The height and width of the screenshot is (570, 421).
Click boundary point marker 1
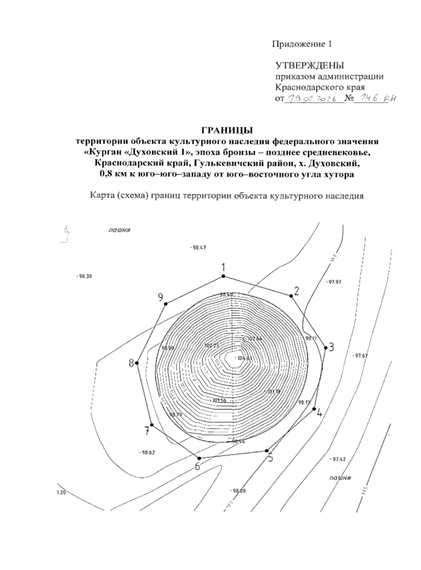point(223,277)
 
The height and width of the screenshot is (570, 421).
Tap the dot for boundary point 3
point(326,347)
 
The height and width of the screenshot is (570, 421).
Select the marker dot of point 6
point(199,458)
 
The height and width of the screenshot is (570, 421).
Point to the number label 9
point(161,298)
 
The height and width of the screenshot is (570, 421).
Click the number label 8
point(131,363)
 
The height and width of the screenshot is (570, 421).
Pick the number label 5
point(270,457)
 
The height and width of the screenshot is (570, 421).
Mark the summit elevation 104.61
point(245,358)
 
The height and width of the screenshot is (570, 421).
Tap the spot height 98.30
point(85,277)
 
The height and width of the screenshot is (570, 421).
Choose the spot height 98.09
point(239,491)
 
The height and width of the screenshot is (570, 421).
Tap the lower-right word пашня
point(340,478)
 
